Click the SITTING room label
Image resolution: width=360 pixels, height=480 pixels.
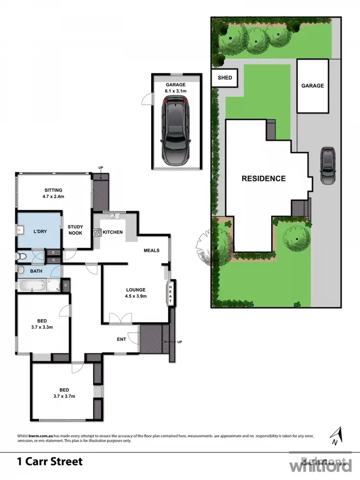click(x=53, y=190)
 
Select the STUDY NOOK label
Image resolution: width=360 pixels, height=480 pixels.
click(x=75, y=230)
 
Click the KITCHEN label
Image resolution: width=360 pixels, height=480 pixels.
click(x=113, y=232)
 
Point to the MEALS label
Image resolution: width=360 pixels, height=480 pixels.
click(x=152, y=251)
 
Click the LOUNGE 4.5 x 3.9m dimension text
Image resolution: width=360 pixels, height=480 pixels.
click(x=135, y=296)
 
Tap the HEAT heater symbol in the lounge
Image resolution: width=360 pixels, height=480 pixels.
click(x=170, y=293)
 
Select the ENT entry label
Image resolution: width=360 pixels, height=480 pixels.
click(x=121, y=339)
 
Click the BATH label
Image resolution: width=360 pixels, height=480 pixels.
click(x=36, y=271)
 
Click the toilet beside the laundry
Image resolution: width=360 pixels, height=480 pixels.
click(x=21, y=257)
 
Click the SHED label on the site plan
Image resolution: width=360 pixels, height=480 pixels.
click(x=225, y=78)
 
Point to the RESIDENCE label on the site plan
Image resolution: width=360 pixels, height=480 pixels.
click(x=263, y=179)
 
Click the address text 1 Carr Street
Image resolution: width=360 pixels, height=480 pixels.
click(x=50, y=462)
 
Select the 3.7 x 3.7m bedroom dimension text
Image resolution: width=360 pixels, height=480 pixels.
click(x=64, y=396)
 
